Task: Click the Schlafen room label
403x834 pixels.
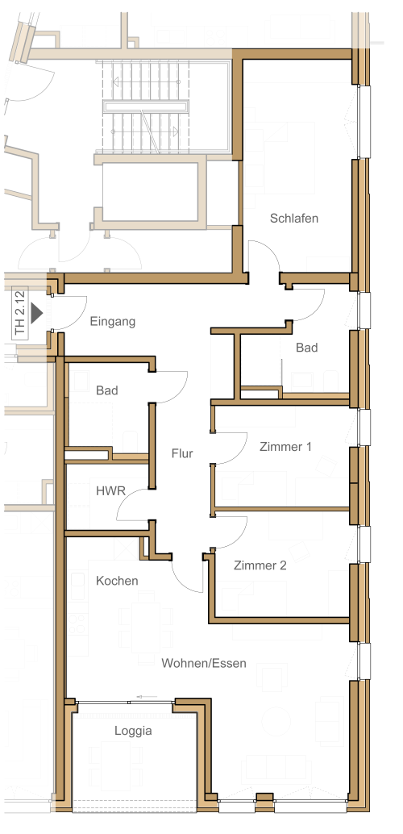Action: [294, 218]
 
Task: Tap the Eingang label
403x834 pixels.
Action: [112, 322]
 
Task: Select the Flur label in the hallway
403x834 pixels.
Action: [182, 454]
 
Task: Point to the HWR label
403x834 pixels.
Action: [110, 490]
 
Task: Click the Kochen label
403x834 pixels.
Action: [117, 581]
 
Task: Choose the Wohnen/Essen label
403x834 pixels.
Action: [204, 663]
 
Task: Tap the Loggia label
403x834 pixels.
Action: [133, 732]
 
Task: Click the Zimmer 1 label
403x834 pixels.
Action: [285, 447]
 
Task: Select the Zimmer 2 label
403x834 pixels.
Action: [260, 565]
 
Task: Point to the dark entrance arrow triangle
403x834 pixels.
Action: [36, 313]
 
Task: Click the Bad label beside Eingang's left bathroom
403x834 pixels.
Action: [107, 391]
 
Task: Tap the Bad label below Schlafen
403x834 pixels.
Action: [307, 348]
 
